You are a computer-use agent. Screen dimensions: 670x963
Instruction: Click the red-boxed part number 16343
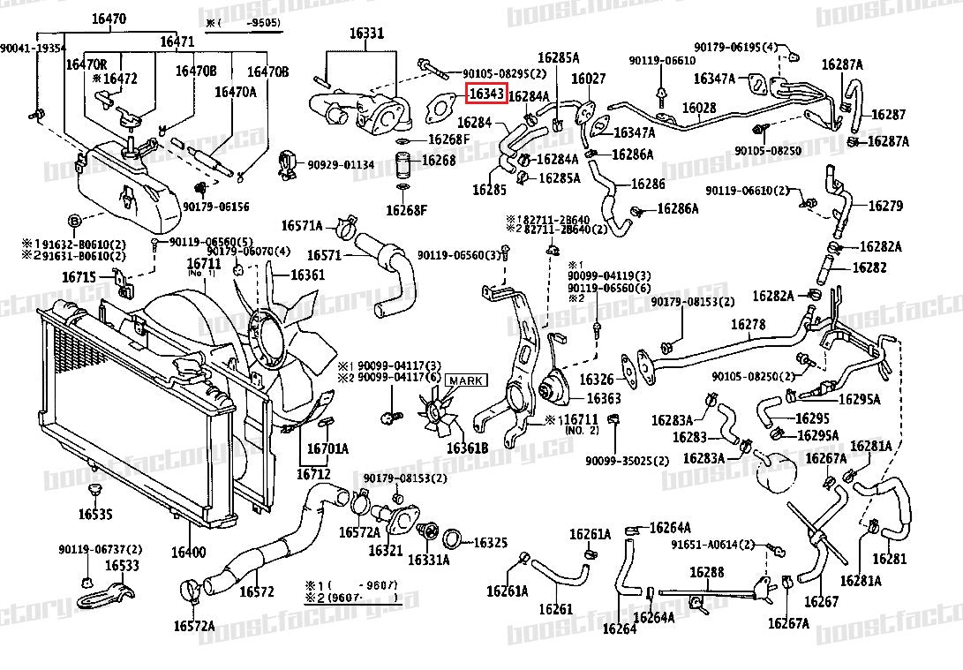[x=486, y=91]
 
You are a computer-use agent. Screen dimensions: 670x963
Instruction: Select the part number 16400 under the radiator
[x=188, y=553]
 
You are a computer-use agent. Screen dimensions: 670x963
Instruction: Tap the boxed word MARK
[x=465, y=380]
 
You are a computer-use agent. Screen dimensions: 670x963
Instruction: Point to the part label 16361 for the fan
[x=307, y=275]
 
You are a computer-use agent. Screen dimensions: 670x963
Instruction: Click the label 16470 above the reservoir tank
[x=109, y=19]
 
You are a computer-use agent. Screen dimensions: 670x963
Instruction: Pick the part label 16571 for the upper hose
[x=324, y=255]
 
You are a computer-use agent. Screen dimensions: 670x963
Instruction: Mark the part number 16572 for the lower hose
[x=258, y=591]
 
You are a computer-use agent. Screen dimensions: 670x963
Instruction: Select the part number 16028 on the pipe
[x=699, y=108]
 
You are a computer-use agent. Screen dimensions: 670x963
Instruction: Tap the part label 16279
[x=885, y=206]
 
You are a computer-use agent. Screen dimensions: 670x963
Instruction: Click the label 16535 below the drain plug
[x=94, y=513]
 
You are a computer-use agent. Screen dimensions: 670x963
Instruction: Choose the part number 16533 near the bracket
[x=123, y=565]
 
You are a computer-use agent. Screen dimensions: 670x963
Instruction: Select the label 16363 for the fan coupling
[x=604, y=399]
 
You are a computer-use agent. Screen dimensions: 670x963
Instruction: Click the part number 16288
[x=706, y=573]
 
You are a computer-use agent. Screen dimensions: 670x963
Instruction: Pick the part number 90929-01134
[x=341, y=164]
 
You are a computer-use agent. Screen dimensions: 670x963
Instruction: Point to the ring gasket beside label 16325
[x=450, y=539]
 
